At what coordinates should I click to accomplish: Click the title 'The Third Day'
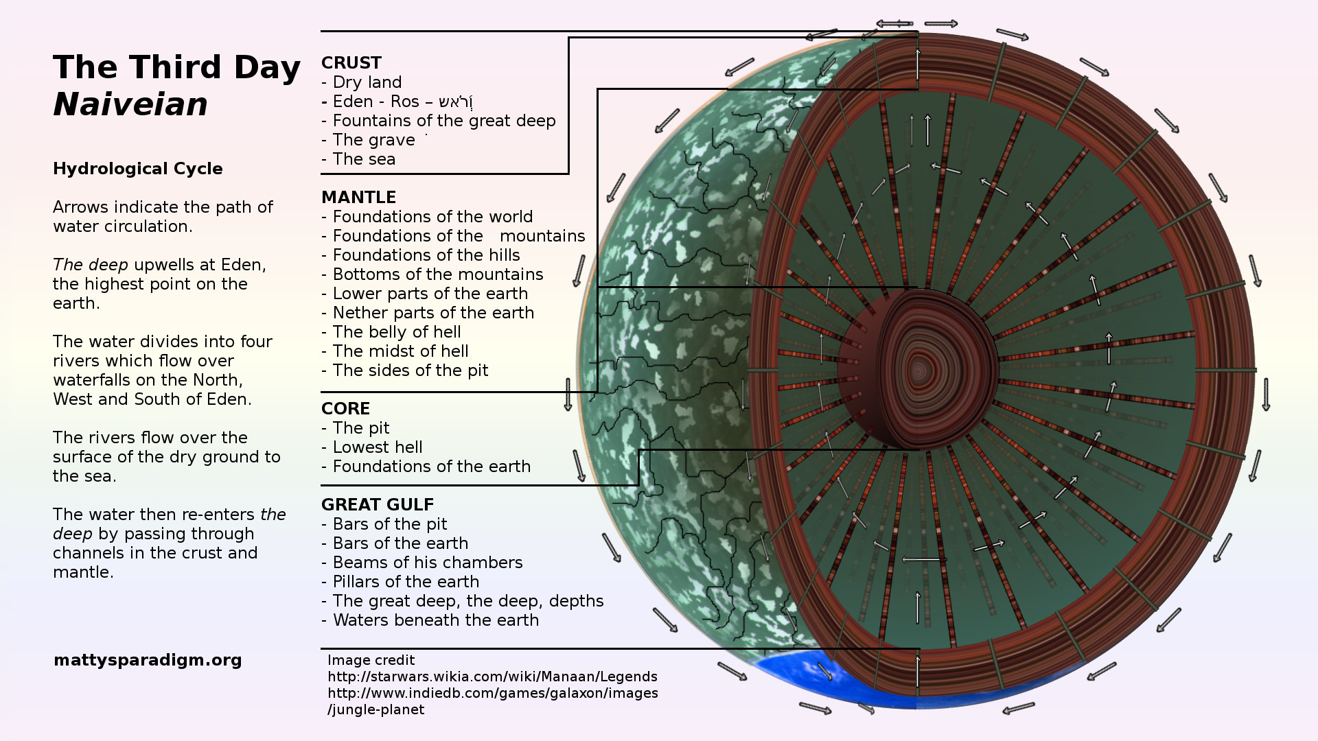[176, 67]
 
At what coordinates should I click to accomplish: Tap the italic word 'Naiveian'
[130, 105]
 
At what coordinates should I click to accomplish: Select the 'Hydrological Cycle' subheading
[137, 169]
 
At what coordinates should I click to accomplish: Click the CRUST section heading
[351, 63]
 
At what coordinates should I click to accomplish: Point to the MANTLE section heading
[358, 198]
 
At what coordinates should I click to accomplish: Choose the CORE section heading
[345, 409]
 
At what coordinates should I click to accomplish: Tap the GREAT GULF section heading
[378, 505]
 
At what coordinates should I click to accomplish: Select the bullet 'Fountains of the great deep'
[443, 121]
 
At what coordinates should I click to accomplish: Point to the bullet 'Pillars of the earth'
[405, 582]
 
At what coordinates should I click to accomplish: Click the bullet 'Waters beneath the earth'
[435, 620]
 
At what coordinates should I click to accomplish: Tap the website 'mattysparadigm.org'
[148, 660]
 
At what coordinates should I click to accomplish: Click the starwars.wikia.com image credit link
[492, 677]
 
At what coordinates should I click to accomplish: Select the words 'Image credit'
[371, 660]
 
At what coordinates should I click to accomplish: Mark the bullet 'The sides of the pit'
[410, 370]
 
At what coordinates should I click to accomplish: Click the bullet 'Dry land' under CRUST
[367, 82]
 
